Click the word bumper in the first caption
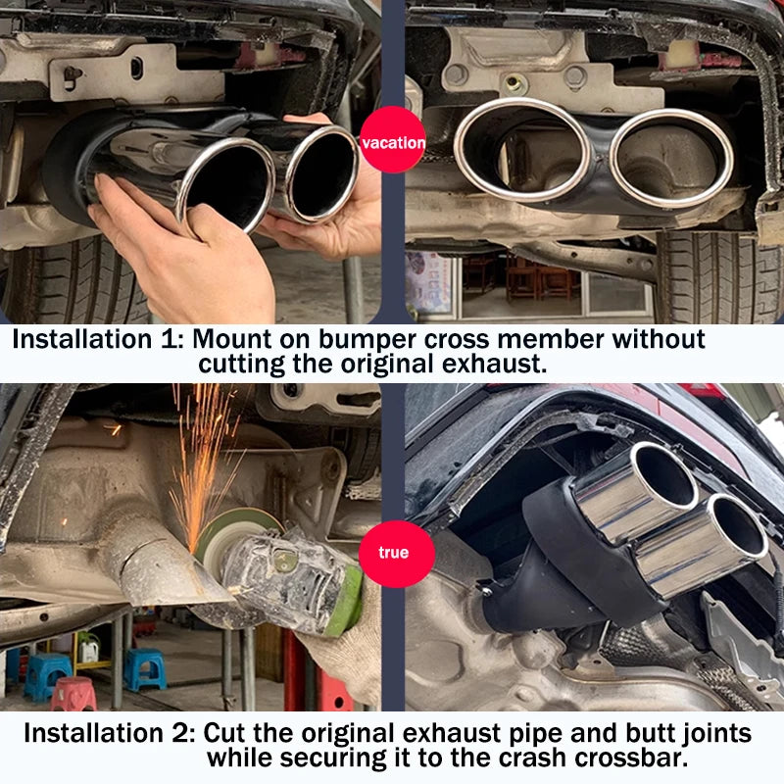click(x=367, y=340)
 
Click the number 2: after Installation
click(x=183, y=733)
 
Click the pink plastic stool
click(x=73, y=694)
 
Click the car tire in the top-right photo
click(x=717, y=277)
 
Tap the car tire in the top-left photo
click(x=75, y=282)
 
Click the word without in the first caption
click(x=659, y=339)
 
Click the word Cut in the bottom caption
click(x=224, y=733)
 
